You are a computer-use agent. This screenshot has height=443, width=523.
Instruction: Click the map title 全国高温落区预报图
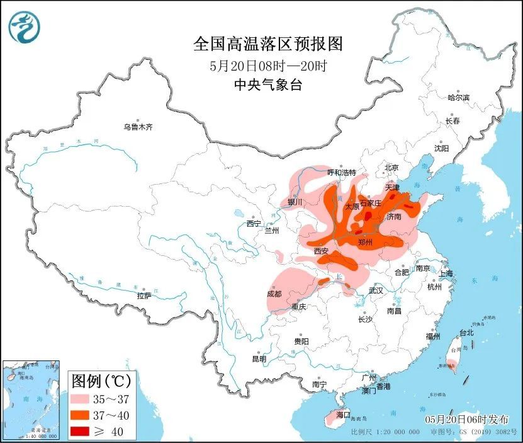click(267, 44)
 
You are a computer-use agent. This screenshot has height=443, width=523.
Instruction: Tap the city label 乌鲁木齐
click(138, 127)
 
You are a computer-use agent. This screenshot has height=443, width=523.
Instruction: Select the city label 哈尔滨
click(459, 98)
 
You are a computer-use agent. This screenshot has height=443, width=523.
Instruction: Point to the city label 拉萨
click(143, 295)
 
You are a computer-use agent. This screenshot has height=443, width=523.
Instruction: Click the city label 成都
click(274, 293)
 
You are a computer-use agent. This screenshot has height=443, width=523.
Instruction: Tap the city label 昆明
click(259, 359)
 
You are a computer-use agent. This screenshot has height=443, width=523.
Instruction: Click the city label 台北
click(466, 332)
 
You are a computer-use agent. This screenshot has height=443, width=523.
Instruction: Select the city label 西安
click(321, 251)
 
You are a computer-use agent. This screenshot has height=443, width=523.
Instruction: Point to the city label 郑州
click(365, 242)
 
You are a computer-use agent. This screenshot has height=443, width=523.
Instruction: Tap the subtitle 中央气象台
click(267, 85)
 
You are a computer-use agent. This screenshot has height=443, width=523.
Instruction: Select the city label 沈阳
click(441, 148)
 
